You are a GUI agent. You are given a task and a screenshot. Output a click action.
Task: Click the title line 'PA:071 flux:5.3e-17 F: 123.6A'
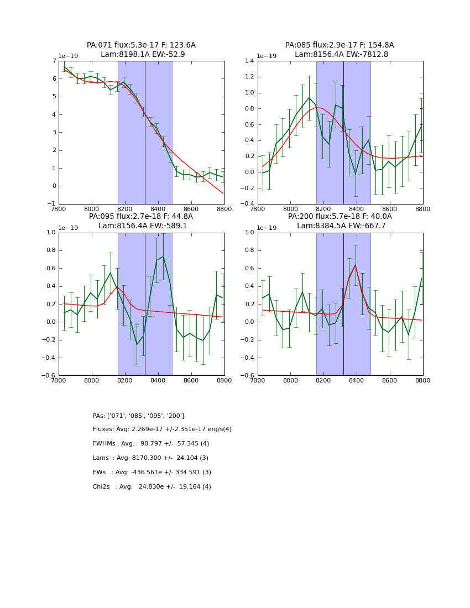141,45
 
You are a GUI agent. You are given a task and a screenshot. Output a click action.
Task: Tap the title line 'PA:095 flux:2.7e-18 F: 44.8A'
141,217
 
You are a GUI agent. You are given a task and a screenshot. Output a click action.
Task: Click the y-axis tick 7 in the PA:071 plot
54,61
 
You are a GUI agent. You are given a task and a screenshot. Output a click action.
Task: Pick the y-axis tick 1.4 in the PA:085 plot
249,61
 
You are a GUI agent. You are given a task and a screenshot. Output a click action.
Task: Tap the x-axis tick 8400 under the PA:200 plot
357,381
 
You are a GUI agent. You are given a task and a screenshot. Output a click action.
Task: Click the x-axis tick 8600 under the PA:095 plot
191,381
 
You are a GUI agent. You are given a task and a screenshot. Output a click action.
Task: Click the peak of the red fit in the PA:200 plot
356,265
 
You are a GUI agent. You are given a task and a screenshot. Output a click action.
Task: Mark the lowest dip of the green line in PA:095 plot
137,344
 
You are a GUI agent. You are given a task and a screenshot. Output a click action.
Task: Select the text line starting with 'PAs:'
138,416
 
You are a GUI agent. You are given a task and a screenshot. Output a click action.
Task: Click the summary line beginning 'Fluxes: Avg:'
162,429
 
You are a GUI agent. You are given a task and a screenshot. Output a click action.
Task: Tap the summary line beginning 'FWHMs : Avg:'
151,444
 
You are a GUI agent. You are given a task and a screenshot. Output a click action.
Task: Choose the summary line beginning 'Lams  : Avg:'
150,458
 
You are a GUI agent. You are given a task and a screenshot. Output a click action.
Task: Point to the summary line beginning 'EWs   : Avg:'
152,473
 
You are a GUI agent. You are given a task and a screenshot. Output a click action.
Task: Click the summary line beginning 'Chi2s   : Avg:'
152,487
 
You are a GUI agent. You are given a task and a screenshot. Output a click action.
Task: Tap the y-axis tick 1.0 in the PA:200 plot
249,233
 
